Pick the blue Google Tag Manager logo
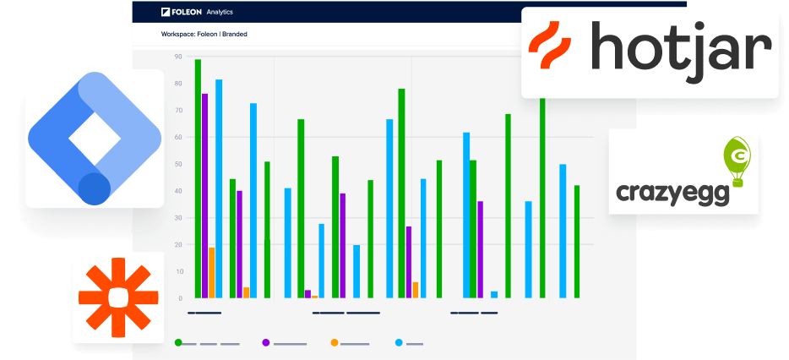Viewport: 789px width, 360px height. click(x=94, y=138)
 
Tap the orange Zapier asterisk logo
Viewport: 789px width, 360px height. click(x=118, y=297)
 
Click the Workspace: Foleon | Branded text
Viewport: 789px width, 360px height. click(x=204, y=35)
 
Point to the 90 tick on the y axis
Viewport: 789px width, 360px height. click(x=178, y=57)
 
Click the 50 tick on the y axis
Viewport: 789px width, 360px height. click(x=178, y=164)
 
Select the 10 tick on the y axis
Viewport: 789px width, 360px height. click(x=178, y=271)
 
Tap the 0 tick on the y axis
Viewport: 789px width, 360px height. click(x=180, y=298)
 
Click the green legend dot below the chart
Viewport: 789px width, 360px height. click(x=178, y=342)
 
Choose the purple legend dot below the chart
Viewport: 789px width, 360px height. click(x=266, y=342)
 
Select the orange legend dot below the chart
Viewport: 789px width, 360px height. click(x=335, y=342)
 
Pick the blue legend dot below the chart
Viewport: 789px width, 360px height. click(x=400, y=342)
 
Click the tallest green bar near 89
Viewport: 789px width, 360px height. click(x=198, y=177)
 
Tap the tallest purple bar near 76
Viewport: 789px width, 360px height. click(x=204, y=195)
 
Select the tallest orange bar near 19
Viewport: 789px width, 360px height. click(x=211, y=272)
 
